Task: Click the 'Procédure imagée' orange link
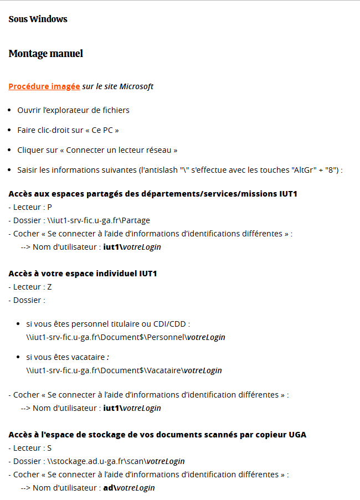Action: click(44, 86)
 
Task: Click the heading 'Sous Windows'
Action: click(38, 19)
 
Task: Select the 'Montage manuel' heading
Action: click(45, 54)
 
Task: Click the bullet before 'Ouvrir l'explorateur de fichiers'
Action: click(11, 110)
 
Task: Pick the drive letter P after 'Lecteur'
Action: click(49, 207)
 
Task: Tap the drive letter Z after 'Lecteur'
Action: click(49, 287)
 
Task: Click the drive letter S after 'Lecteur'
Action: click(49, 448)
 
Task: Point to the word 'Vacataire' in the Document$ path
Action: click(164, 370)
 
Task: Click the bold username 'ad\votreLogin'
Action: click(128, 488)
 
